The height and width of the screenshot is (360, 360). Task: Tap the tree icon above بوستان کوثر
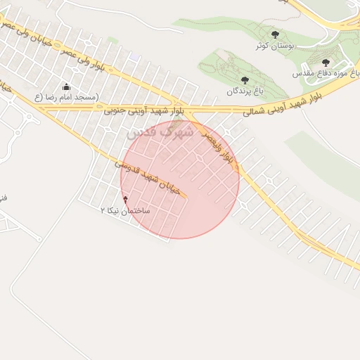(x=275, y=34)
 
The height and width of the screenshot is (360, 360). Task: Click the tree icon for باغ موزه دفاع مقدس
(x=325, y=63)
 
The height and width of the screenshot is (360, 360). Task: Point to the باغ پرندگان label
(x=244, y=91)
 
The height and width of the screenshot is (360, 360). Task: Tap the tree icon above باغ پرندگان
(x=244, y=80)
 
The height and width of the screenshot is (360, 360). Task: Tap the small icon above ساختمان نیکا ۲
(x=126, y=200)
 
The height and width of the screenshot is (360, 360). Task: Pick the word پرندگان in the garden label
(x=237, y=91)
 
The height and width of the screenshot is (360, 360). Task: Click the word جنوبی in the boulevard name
(x=115, y=110)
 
